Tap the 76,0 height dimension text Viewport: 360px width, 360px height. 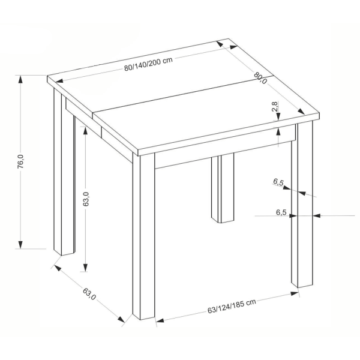point(20,161)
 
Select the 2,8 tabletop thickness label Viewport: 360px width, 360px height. point(275,106)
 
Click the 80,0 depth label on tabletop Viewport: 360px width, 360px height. point(260,78)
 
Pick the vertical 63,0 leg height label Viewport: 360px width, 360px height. point(86,199)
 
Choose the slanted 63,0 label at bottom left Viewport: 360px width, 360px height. point(89,293)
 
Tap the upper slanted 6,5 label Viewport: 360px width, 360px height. point(278,182)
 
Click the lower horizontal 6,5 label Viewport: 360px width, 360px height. point(281,212)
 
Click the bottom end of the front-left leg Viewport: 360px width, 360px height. point(144,319)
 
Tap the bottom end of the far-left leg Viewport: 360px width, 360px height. point(65,253)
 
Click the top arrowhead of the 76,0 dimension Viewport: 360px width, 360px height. point(20,80)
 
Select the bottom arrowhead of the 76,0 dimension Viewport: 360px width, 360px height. point(20,244)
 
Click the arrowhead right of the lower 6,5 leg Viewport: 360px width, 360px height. point(317,215)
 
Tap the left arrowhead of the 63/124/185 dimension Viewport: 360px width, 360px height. point(160,320)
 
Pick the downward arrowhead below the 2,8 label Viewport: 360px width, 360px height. point(278,117)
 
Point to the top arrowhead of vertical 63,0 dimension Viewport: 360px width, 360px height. point(85,131)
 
